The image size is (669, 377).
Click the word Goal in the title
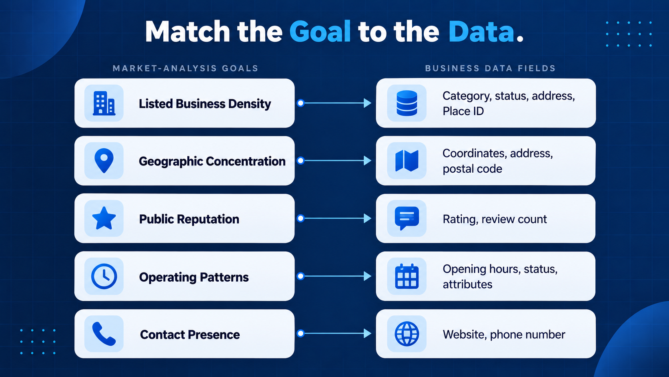click(320, 31)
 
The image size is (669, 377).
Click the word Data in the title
click(481, 31)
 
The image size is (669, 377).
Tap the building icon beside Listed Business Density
click(104, 103)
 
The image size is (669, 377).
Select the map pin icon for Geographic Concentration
click(104, 161)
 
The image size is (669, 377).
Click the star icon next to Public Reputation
click(104, 218)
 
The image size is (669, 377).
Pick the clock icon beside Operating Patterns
click(104, 276)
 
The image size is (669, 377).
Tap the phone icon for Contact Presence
click(104, 334)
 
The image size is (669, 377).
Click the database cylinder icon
click(407, 103)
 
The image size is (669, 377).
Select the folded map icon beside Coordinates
click(407, 161)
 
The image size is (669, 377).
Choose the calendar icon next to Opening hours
click(407, 276)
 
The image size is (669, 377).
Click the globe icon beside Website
click(407, 334)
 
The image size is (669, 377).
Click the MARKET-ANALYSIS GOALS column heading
click(186, 69)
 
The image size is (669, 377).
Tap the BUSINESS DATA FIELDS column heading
click(490, 69)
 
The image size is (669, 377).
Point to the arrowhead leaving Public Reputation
click(368, 218)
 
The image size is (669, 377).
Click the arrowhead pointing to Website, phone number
click(368, 333)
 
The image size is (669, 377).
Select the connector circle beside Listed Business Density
click(301, 103)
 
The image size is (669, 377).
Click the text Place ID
click(463, 111)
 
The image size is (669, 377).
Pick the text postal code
click(472, 169)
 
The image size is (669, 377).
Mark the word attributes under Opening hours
click(467, 284)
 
